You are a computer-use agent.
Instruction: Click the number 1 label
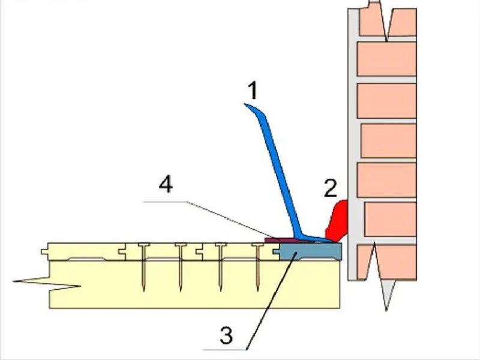pyautogui.click(x=253, y=91)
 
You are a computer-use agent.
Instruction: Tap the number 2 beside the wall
pyautogui.click(x=331, y=188)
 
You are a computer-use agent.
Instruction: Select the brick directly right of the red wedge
pyautogui.click(x=390, y=219)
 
